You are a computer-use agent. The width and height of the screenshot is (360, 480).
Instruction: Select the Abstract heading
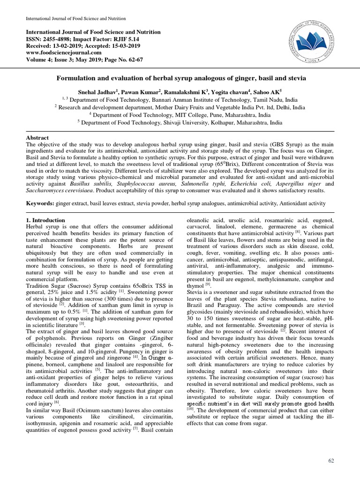pyautogui.click(x=37, y=138)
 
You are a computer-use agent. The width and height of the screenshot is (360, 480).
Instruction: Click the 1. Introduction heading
pyautogui.click(x=45, y=220)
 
